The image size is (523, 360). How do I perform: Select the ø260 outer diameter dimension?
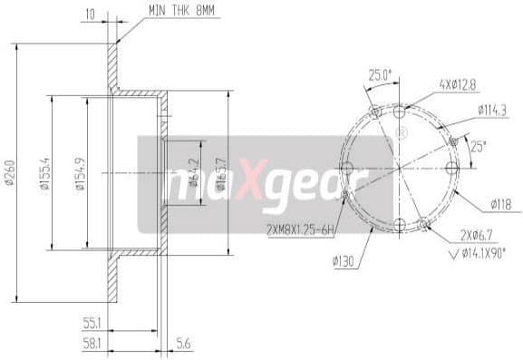pos(10,175)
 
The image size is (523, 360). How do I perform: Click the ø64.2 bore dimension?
pos(193,172)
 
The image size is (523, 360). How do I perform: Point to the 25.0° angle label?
pos(379,74)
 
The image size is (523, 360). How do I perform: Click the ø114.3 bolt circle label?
pos(491,111)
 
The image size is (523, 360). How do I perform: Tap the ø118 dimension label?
pos(500,204)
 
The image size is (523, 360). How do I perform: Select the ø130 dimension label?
pos(342,261)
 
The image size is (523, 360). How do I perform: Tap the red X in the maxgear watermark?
pos(257,184)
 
